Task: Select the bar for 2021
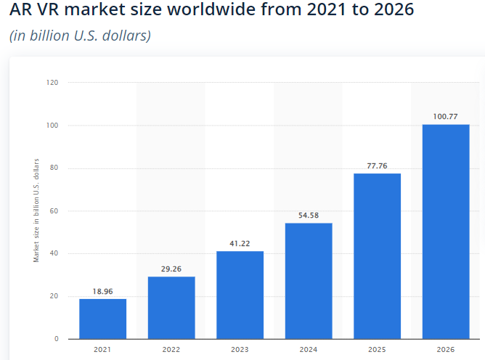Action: click(102, 319)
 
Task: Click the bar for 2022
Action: click(171, 308)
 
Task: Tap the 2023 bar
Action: click(240, 295)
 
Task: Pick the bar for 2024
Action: click(309, 281)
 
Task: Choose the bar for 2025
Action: click(377, 256)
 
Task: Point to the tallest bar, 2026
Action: click(446, 232)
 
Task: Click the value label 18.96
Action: click(102, 291)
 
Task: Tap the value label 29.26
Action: click(171, 269)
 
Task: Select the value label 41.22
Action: click(240, 244)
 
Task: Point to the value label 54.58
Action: click(309, 216)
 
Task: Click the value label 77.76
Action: click(377, 166)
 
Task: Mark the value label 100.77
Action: click(446, 117)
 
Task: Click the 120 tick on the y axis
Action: click(52, 83)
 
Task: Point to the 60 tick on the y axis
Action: click(54, 211)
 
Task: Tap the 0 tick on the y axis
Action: click(56, 339)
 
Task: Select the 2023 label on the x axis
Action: click(240, 350)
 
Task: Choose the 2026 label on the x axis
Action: click(446, 350)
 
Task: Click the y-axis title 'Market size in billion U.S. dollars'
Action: click(36, 210)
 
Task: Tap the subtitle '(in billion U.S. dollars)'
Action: click(80, 36)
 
